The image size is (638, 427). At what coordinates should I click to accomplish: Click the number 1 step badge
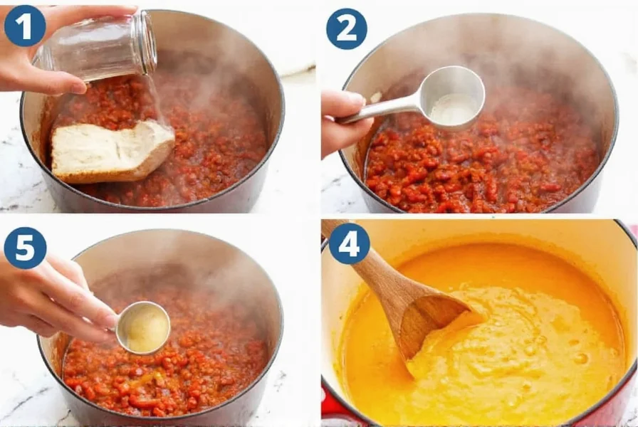[25, 26]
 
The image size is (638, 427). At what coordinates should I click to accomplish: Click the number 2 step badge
[347, 29]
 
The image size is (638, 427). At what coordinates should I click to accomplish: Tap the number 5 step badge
[25, 248]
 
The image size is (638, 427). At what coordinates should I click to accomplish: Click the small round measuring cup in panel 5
[143, 328]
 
